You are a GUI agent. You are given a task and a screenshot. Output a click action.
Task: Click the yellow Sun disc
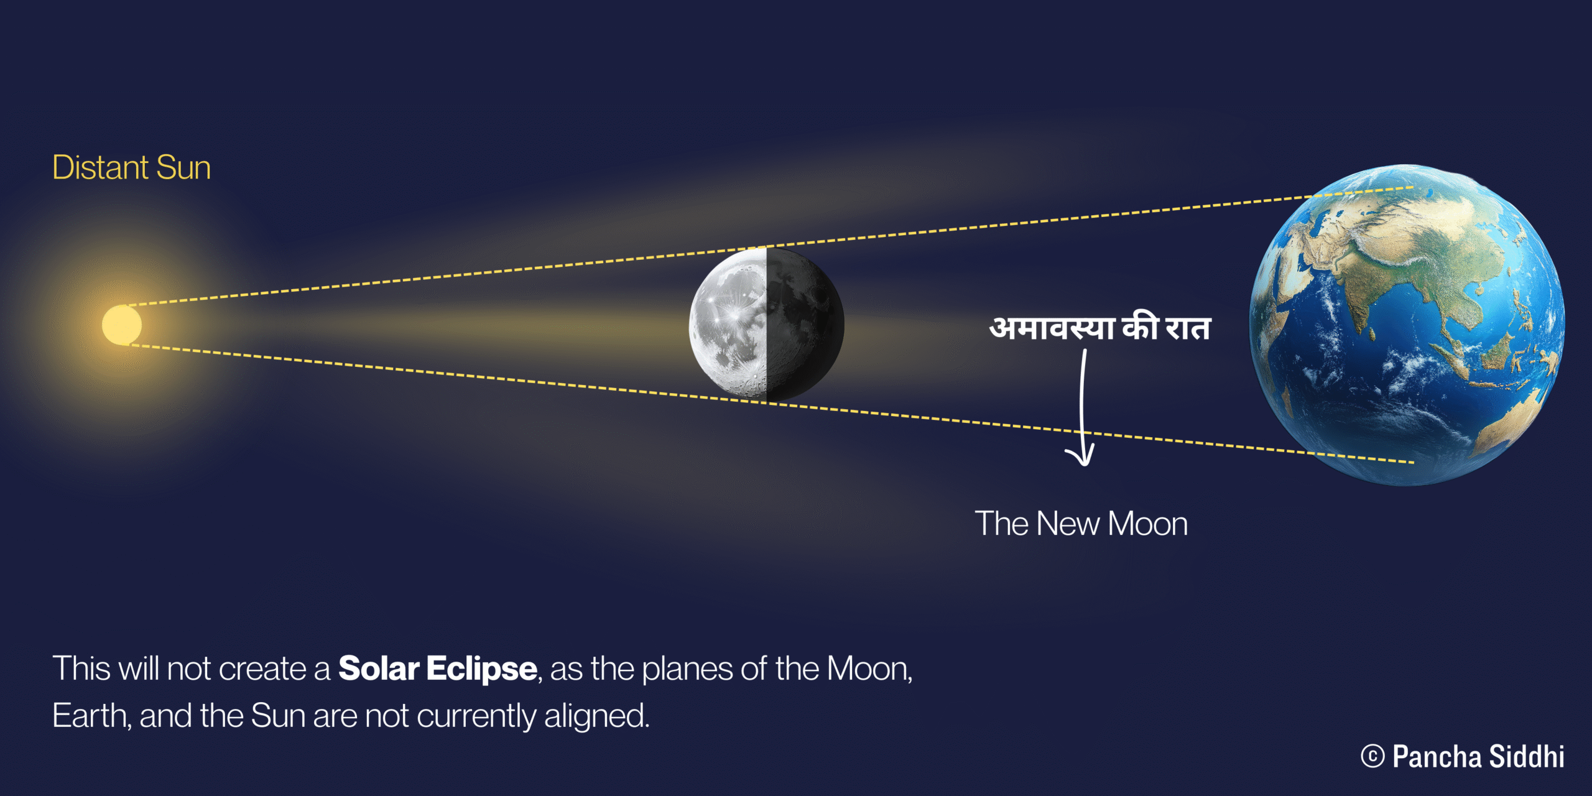coord(122,325)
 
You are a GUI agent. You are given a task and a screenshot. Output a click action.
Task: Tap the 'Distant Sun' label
coord(131,167)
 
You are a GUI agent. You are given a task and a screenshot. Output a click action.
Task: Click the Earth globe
coord(1407,325)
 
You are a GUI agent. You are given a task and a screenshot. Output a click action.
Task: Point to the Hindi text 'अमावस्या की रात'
coord(1099,328)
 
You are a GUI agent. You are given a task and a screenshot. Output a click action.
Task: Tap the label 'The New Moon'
coord(1081,524)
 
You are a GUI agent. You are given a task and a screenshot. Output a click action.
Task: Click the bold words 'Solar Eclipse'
coord(438,669)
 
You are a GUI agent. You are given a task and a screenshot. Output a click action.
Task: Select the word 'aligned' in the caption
coord(596,716)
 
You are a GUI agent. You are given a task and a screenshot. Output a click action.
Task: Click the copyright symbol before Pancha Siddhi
coord(1372,757)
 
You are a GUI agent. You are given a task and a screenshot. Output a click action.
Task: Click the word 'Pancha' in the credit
coord(1437,757)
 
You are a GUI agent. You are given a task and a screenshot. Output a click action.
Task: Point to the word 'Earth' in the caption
coord(91,716)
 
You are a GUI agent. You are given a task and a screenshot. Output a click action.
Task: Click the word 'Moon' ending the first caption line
coord(868,669)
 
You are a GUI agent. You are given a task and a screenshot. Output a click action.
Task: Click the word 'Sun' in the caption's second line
coord(278,716)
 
